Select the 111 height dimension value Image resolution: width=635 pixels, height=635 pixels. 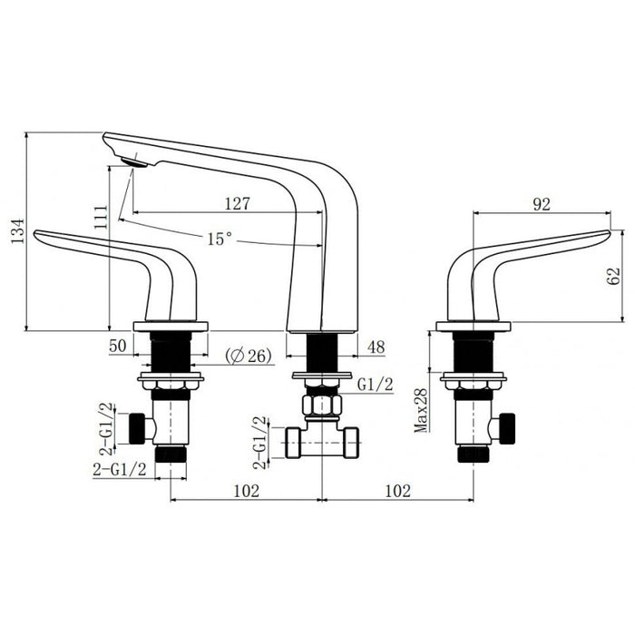pyautogui.click(x=100, y=215)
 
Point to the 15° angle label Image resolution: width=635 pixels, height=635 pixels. pyautogui.click(x=219, y=239)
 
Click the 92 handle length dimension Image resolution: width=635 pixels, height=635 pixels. pyautogui.click(x=542, y=205)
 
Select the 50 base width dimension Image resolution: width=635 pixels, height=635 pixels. pyautogui.click(x=116, y=345)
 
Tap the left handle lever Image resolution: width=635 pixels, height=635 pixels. pyautogui.click(x=109, y=259)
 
